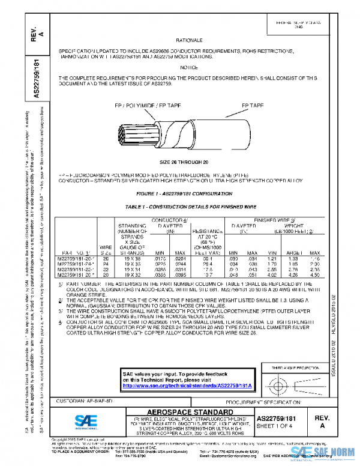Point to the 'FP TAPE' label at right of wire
coord(253,105)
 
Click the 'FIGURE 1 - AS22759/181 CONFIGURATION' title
coord(184,194)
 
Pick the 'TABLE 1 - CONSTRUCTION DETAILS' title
coord(184,206)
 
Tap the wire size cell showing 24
coord(105,263)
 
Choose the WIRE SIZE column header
coord(105,249)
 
